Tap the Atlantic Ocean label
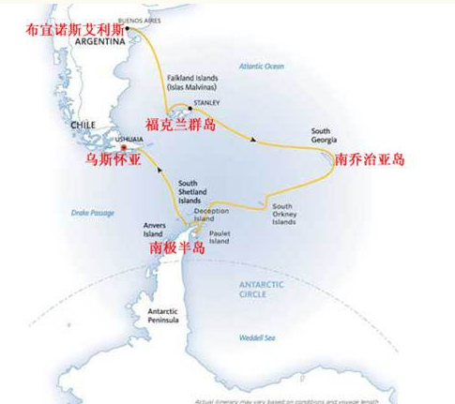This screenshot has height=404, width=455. (260, 67)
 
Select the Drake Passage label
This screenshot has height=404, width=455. (93, 213)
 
